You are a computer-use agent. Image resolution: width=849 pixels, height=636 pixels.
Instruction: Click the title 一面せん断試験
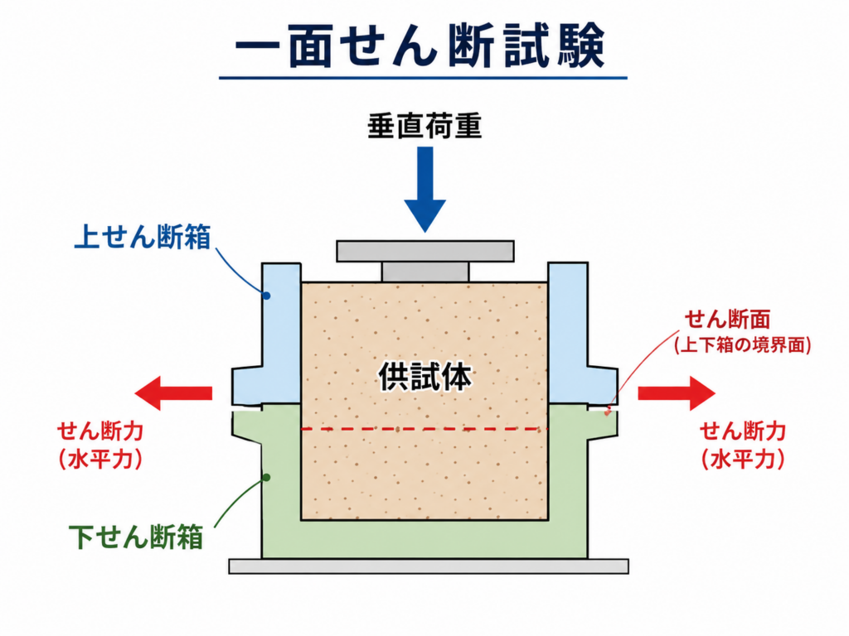(420, 46)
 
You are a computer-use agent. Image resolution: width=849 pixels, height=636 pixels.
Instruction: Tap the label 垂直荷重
(424, 126)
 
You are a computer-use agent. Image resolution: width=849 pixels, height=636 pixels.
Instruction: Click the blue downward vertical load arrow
(425, 190)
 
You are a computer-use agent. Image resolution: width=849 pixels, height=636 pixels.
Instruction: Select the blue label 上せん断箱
(143, 236)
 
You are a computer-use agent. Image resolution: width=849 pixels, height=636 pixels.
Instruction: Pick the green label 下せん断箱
(136, 536)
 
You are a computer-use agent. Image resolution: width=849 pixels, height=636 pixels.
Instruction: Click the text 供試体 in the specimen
(425, 377)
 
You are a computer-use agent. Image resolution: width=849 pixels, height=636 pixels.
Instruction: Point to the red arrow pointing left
(173, 393)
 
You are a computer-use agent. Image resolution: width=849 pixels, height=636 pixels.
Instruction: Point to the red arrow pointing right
(677, 393)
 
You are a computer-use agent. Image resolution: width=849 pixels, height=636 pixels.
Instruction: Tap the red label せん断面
(727, 319)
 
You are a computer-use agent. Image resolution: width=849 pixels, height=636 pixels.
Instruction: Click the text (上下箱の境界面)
(742, 344)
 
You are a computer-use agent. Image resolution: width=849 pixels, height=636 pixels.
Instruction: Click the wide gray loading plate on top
(425, 252)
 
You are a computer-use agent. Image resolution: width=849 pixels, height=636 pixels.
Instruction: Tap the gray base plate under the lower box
(429, 566)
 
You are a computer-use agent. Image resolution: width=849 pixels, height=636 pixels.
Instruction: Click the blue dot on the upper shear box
(266, 296)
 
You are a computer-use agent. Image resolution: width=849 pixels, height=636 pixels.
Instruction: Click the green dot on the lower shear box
(266, 478)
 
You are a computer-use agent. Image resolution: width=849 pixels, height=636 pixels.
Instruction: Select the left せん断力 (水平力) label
(100, 445)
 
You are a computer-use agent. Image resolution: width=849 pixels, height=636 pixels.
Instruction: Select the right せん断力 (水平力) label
(743, 445)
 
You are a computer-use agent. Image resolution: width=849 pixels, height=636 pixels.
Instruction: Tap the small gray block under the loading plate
(425, 272)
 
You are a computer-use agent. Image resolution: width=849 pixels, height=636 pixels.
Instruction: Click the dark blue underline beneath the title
(423, 78)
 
